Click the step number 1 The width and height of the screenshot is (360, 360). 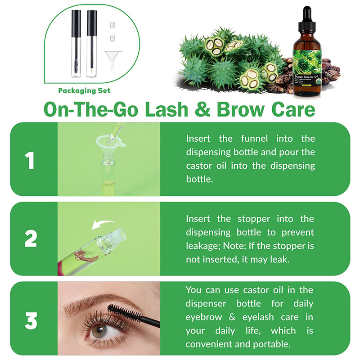[x=30, y=161]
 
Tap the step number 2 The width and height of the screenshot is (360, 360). [x=30, y=239]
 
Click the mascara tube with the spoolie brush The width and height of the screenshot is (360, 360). [x=76, y=45]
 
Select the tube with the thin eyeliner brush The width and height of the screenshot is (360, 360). [x=91, y=45]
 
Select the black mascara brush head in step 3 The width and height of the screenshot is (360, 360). [x=119, y=312]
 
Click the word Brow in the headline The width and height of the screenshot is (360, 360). [x=250, y=109]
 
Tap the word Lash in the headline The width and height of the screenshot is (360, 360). [x=165, y=109]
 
